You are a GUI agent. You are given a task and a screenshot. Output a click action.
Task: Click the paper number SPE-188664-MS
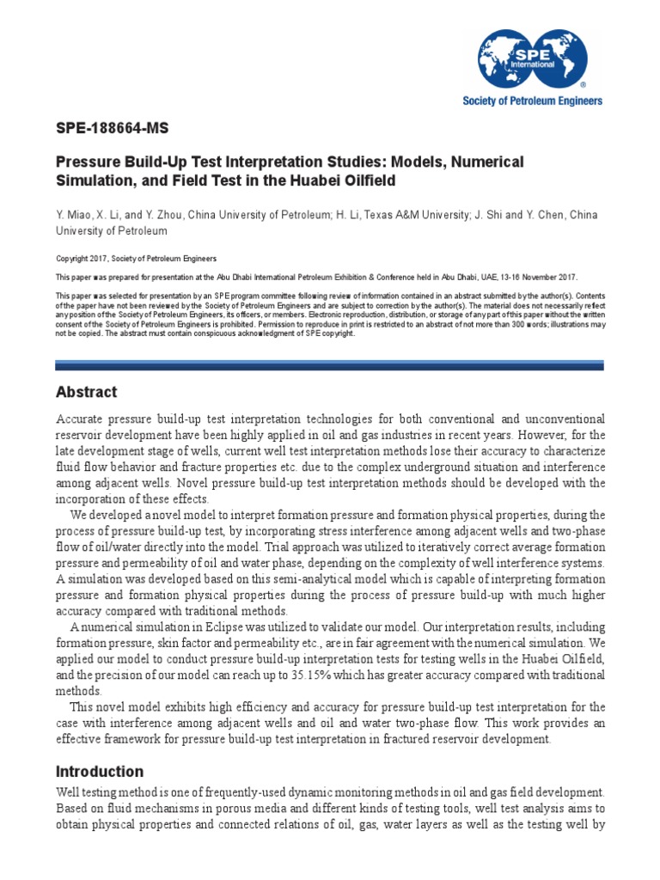pyautogui.click(x=113, y=129)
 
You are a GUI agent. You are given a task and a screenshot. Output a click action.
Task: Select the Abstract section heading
pyautogui.click(x=86, y=392)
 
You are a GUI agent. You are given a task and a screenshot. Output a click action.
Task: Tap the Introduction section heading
pyautogui.click(x=100, y=771)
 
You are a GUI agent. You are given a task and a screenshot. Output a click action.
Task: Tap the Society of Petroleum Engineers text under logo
pyautogui.click(x=533, y=101)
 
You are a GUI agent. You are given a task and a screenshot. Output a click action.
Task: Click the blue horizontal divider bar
pyautogui.click(x=329, y=365)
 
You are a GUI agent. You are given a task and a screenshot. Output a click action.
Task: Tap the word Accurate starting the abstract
pyautogui.click(x=82, y=419)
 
